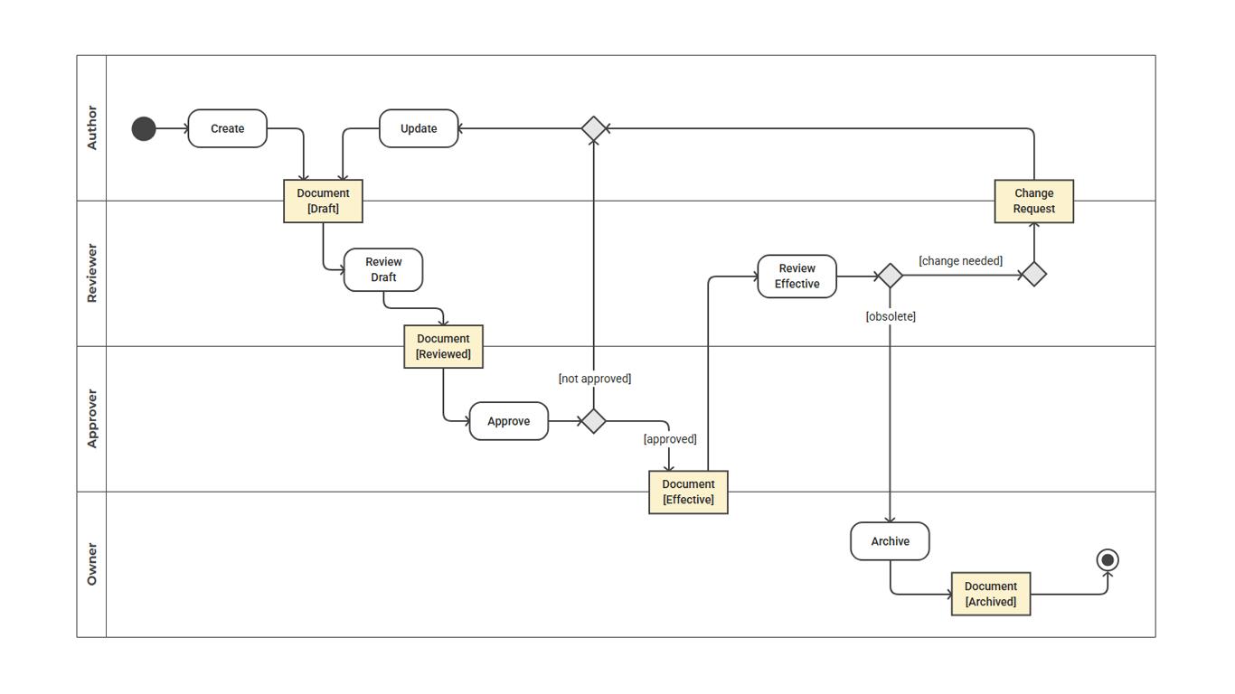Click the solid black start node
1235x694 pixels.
coord(144,129)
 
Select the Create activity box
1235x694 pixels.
coord(227,128)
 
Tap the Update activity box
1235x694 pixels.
coord(419,128)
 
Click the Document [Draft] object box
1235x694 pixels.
coord(323,201)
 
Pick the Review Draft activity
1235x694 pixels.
coord(383,270)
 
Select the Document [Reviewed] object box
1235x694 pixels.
coord(443,346)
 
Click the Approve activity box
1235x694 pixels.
coord(508,421)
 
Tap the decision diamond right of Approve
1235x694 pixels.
coord(593,421)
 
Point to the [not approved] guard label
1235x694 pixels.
coord(594,379)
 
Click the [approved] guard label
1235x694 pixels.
coord(670,439)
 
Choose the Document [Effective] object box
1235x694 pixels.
coord(688,492)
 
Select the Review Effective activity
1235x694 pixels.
coord(797,277)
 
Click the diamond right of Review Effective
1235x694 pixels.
coord(890,276)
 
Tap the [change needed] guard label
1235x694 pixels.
coord(960,261)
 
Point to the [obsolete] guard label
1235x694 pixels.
coord(891,316)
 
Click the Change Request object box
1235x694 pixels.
coord(1033,201)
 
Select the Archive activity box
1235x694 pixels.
coord(890,541)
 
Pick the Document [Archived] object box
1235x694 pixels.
coord(990,594)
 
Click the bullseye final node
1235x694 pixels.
coord(1108,560)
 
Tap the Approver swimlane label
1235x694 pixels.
coord(91,419)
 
